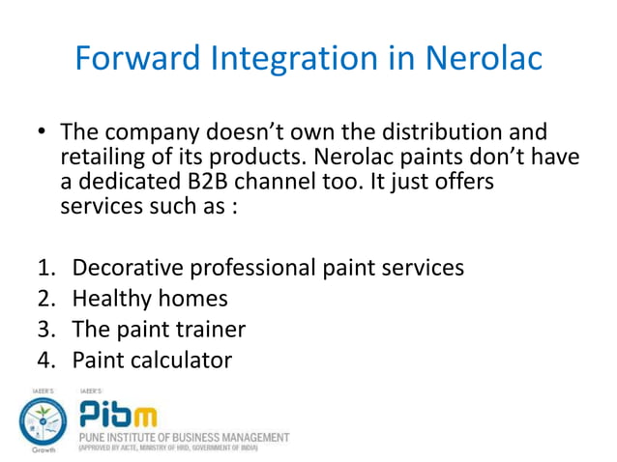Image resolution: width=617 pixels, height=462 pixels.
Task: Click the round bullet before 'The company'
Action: tap(43, 132)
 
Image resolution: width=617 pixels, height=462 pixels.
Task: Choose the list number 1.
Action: tap(45, 268)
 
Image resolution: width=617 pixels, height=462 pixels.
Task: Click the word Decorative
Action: tap(132, 268)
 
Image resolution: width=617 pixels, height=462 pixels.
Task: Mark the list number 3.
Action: tap(45, 330)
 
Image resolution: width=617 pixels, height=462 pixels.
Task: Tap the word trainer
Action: tap(209, 330)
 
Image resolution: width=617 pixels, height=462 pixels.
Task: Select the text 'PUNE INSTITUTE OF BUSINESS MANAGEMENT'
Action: tap(183, 436)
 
